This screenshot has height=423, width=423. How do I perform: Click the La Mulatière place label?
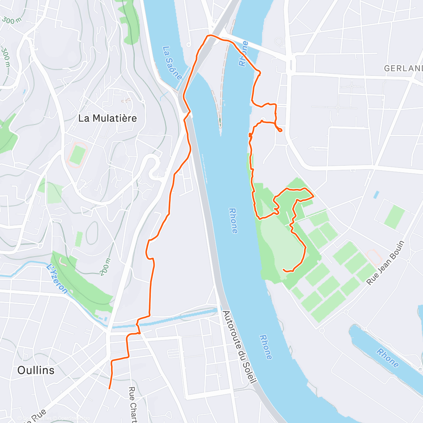(108, 118)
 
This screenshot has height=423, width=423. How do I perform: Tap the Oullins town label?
(36, 370)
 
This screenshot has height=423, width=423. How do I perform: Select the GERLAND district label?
(403, 68)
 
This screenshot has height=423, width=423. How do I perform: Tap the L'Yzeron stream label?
(57, 278)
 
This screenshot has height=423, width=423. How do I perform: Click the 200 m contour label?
(105, 267)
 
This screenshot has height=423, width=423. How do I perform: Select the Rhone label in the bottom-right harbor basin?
(387, 357)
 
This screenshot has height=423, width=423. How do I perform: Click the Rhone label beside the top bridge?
(244, 54)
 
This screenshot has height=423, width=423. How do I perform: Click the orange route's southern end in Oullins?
(109, 388)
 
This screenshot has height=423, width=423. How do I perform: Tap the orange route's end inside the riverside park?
(284, 270)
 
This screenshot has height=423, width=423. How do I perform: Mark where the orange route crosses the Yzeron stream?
(137, 322)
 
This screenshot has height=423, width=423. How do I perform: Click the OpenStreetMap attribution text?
(69, 418)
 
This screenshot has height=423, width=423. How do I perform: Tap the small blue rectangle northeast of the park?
(376, 194)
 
